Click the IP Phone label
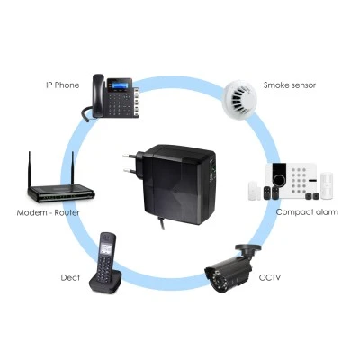click(x=63, y=85)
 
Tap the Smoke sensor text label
click(x=290, y=85)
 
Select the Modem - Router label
click(x=48, y=213)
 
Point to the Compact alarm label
click(x=307, y=212)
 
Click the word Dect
click(x=70, y=277)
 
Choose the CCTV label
click(x=270, y=277)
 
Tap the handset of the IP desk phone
click(x=98, y=95)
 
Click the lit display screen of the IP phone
click(x=120, y=85)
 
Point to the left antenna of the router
click(x=30, y=169)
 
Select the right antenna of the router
click(x=72, y=168)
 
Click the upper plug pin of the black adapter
click(x=129, y=156)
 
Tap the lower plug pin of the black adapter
click(x=130, y=171)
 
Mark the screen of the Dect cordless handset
click(x=107, y=247)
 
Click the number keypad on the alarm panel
click(x=300, y=180)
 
